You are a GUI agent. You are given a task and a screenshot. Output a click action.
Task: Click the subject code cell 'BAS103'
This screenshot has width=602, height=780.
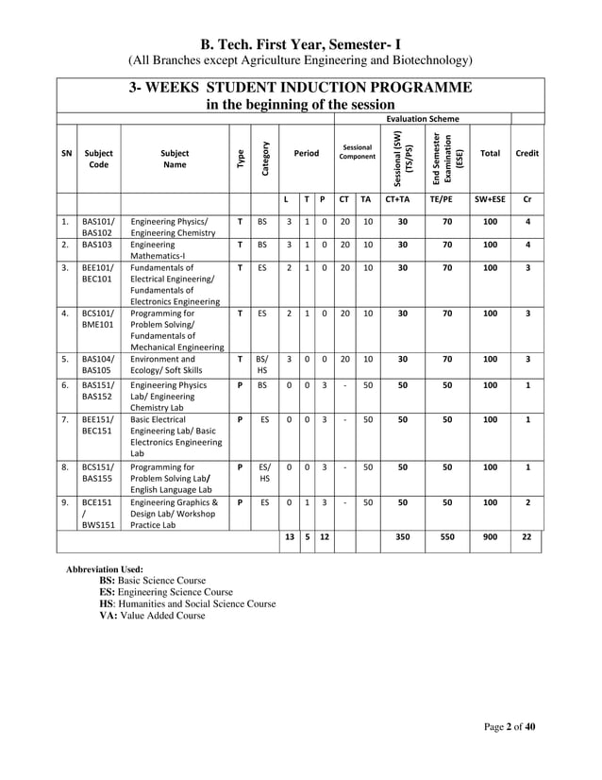click(x=96, y=244)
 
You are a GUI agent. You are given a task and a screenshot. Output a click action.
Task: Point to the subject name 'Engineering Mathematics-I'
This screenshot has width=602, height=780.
click(x=159, y=249)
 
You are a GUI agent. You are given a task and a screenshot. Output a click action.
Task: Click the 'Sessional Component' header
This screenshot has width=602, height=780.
click(x=357, y=153)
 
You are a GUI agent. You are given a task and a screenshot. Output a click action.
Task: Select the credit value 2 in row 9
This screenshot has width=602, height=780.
click(x=527, y=503)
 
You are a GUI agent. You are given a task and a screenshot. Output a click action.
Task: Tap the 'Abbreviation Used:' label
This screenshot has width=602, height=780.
click(x=105, y=570)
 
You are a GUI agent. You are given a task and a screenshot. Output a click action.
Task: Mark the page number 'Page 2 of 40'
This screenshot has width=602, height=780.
click(x=510, y=726)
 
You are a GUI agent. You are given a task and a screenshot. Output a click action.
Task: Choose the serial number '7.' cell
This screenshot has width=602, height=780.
click(x=65, y=418)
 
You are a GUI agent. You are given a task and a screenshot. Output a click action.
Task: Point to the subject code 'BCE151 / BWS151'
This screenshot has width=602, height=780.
click(x=96, y=515)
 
